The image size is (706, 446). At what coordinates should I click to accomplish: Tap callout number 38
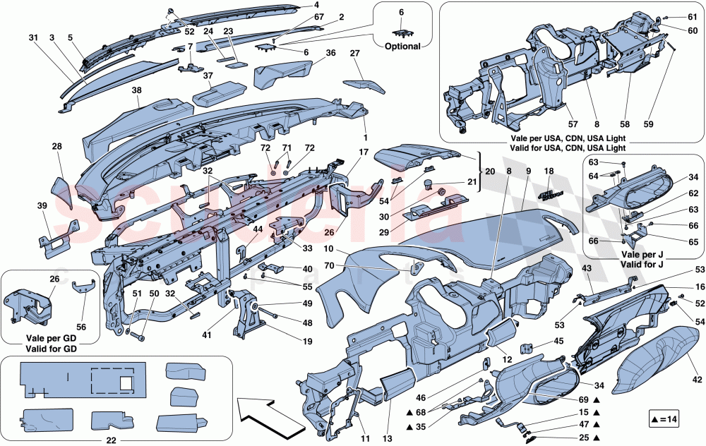[136, 91]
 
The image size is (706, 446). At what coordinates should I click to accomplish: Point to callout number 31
[33, 37]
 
